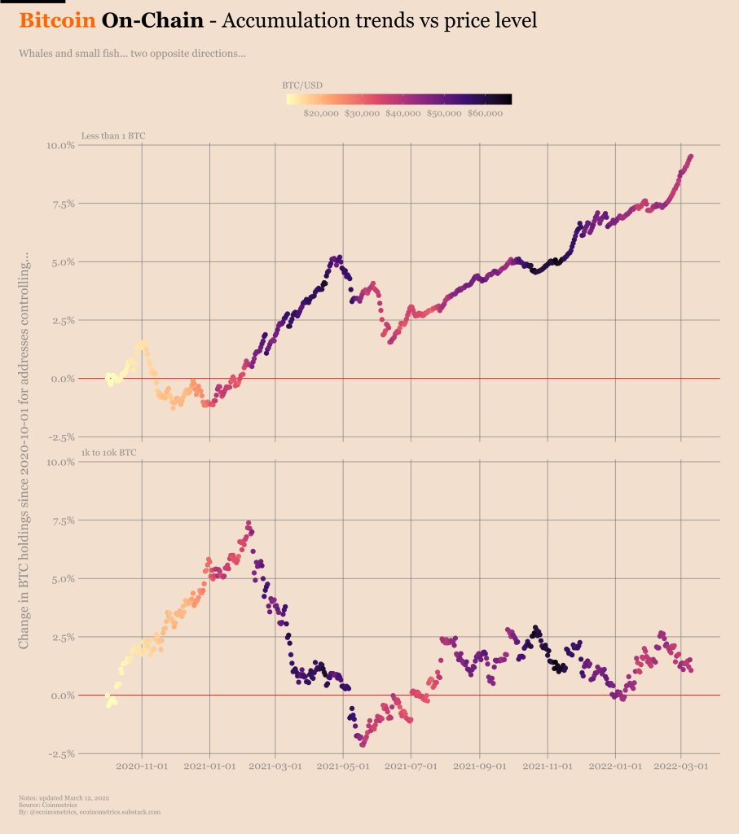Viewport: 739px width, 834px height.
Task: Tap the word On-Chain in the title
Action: click(152, 21)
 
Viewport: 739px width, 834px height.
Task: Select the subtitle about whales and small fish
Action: click(131, 55)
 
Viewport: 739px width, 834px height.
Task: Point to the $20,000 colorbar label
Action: click(320, 114)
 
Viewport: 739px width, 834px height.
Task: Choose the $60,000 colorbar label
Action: click(484, 114)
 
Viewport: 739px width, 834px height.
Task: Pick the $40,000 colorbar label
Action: click(402, 114)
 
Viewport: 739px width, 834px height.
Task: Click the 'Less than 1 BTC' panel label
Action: click(113, 135)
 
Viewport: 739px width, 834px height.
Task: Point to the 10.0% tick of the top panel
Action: click(60, 146)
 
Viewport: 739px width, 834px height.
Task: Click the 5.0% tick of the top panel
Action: click(62, 262)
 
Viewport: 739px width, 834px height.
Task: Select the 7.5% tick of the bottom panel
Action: click(62, 520)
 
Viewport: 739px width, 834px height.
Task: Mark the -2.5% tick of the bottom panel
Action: click(60, 754)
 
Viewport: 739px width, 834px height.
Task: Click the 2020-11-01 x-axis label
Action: click(143, 766)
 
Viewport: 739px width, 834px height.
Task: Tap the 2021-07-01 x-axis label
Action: click(411, 766)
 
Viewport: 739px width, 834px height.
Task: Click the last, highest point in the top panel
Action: click(691, 156)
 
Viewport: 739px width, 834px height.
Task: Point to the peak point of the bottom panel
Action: click(249, 524)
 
